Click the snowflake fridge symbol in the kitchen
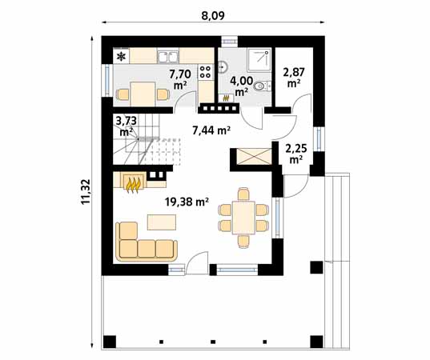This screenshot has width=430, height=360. [x=122, y=57]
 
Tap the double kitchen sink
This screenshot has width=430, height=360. [x=168, y=57]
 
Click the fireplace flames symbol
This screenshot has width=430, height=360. [x=134, y=185]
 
